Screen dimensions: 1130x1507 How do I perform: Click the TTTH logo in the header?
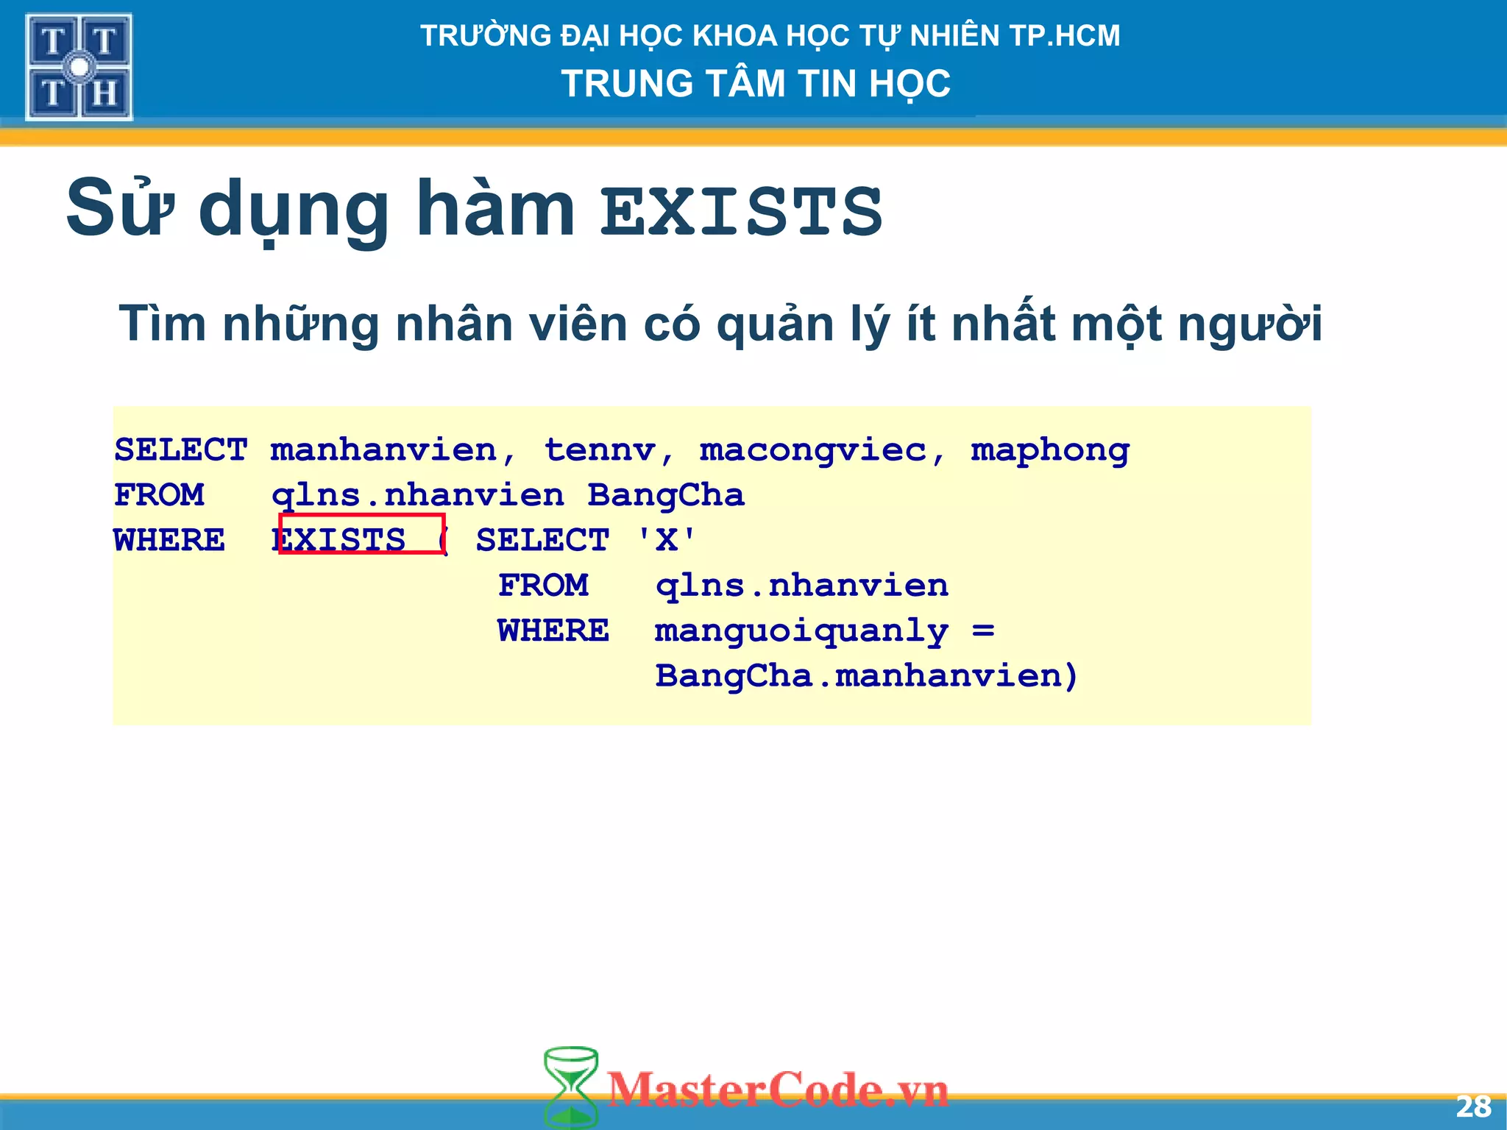(79, 67)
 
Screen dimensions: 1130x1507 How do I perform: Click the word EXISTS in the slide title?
(741, 212)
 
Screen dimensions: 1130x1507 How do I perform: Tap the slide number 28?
(1472, 1106)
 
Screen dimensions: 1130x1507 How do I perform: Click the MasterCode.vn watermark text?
(778, 1090)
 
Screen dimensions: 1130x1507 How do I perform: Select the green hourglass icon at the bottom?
(570, 1087)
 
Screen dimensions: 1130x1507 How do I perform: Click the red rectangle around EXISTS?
(361, 533)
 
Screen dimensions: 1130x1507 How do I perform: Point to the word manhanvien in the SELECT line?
(383, 450)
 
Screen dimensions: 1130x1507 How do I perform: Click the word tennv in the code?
(600, 450)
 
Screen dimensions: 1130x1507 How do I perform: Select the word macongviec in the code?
(812, 450)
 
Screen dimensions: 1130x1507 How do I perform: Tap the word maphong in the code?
(1050, 450)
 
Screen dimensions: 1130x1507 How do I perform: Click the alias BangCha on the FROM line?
(665, 495)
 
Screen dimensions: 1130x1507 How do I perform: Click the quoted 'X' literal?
(666, 540)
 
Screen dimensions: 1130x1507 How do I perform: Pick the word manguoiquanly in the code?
(801, 631)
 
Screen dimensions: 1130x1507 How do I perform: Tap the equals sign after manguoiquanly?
(983, 630)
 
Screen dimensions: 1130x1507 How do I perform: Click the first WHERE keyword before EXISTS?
(169, 540)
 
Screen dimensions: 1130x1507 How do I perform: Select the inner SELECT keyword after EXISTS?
(542, 540)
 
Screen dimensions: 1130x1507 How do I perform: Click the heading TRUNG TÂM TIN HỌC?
(756, 83)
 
